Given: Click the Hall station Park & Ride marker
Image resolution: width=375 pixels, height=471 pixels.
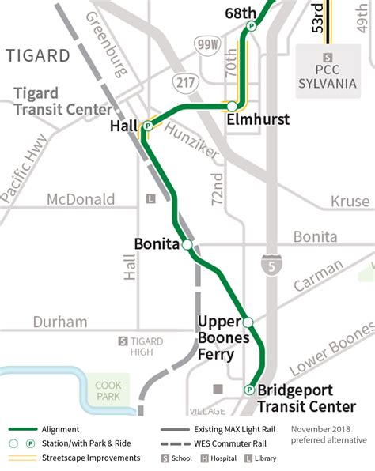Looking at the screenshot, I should [147, 126].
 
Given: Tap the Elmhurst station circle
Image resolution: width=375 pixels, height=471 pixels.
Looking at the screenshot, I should [231, 106].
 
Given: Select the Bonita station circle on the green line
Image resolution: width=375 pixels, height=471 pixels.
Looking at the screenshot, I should [187, 245].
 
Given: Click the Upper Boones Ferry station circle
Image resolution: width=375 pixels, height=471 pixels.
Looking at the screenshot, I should [247, 322].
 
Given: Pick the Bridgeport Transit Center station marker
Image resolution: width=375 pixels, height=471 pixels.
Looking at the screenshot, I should [249, 390].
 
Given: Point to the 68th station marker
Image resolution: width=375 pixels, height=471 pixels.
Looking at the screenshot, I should [251, 26].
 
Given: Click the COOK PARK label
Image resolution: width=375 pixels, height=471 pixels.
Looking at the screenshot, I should [108, 390].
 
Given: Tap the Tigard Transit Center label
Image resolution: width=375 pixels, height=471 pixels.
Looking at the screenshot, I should [63, 102].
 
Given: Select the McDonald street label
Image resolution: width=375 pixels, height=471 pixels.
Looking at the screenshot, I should [80, 199].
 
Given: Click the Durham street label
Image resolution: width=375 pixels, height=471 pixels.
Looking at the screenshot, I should [60, 322].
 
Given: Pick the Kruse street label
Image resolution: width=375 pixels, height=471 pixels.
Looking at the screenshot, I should [350, 202].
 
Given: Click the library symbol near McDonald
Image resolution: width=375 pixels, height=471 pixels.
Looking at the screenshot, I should [153, 199].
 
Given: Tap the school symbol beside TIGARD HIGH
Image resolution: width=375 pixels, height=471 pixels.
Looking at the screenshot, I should [123, 341].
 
